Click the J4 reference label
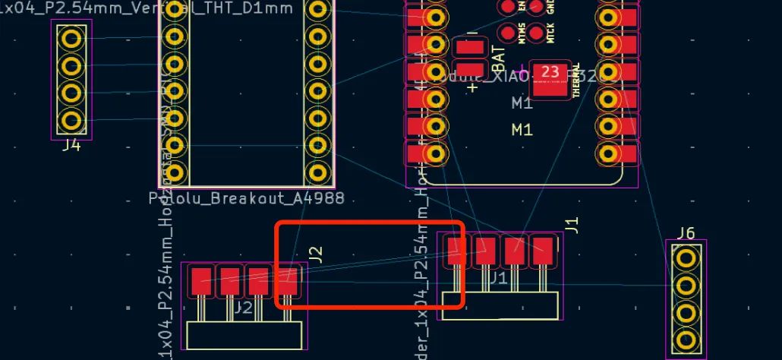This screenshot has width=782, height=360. point(71,144)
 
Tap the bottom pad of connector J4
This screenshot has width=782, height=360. point(71,120)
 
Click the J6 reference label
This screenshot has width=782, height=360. point(686,232)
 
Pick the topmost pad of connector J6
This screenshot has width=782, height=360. point(686,258)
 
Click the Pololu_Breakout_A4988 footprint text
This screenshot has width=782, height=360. point(247,198)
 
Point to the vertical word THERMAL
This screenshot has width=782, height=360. point(576,80)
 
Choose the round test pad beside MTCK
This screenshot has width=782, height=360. point(538,33)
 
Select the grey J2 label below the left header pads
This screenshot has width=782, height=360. point(243,308)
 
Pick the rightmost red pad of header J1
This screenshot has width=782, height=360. point(542,251)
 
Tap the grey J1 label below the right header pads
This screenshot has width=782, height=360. point(498,278)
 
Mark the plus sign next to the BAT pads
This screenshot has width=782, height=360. point(473,87)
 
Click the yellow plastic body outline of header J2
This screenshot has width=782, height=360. point(245,335)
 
